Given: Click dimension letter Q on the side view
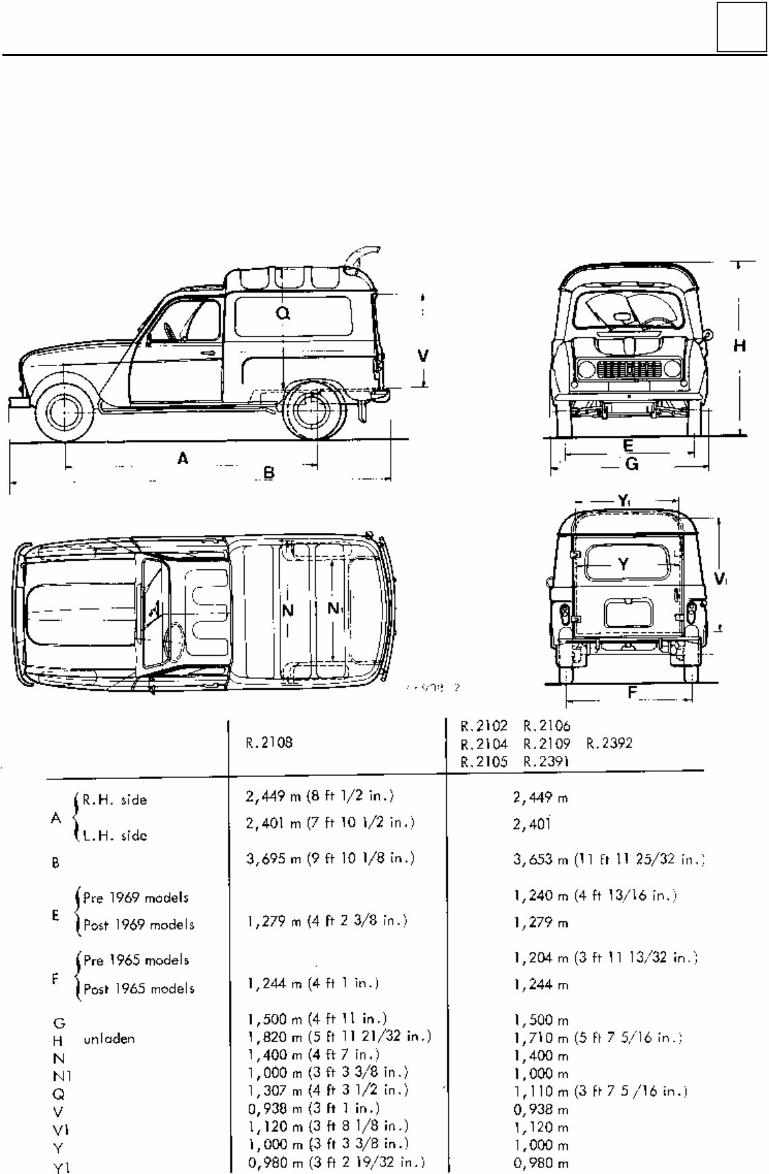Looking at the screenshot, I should click(284, 312).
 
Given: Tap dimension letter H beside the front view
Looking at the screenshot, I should click(740, 346).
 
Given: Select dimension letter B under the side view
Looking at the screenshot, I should click(269, 473).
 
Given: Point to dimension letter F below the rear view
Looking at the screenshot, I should click(632, 692).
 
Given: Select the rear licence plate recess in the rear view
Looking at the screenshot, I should click(628, 613).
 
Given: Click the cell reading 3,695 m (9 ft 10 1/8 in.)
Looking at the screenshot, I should click(330, 859).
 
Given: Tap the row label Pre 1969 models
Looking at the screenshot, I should click(136, 898).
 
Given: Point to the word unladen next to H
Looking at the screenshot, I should click(109, 1039).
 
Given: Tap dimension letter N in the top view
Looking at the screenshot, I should click(288, 611).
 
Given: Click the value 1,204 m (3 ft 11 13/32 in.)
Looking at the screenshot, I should click(605, 957).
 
